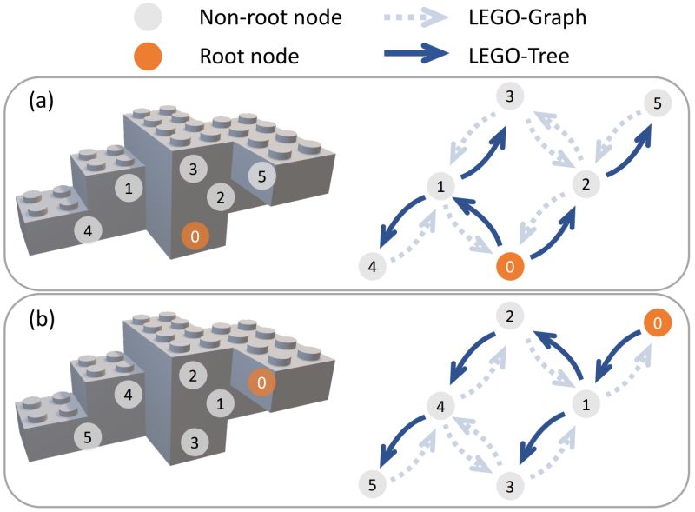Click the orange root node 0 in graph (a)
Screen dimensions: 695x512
pyautogui.click(x=510, y=266)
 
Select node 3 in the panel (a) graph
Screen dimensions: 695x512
pyautogui.click(x=510, y=96)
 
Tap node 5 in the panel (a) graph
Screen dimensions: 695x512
pyautogui.click(x=658, y=103)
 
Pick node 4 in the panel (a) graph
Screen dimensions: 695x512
pyautogui.click(x=373, y=266)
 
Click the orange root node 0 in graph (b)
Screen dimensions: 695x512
pyautogui.click(x=658, y=322)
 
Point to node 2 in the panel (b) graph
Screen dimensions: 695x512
pyautogui.click(x=510, y=316)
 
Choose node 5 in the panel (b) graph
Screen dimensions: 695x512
pyautogui.click(x=373, y=484)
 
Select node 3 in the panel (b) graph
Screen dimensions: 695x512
pyautogui.click(x=510, y=486)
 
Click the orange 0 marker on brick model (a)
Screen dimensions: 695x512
pyautogui.click(x=195, y=236)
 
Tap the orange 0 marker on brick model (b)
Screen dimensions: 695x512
pyautogui.click(x=261, y=382)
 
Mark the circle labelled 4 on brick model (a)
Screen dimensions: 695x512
pyautogui.click(x=88, y=230)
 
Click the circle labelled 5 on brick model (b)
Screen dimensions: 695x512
pyautogui.click(x=88, y=437)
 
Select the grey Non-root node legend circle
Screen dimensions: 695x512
pyautogui.click(x=148, y=17)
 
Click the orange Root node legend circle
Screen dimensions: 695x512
pyautogui.click(x=148, y=56)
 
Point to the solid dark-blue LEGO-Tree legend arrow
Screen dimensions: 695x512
pyautogui.click(x=416, y=53)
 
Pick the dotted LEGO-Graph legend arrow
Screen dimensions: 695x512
pyautogui.click(x=416, y=17)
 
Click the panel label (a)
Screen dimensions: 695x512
pyautogui.click(x=41, y=101)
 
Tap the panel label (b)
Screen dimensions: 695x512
pyautogui.click(x=42, y=319)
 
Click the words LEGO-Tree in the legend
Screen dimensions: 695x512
pyautogui.click(x=519, y=56)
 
